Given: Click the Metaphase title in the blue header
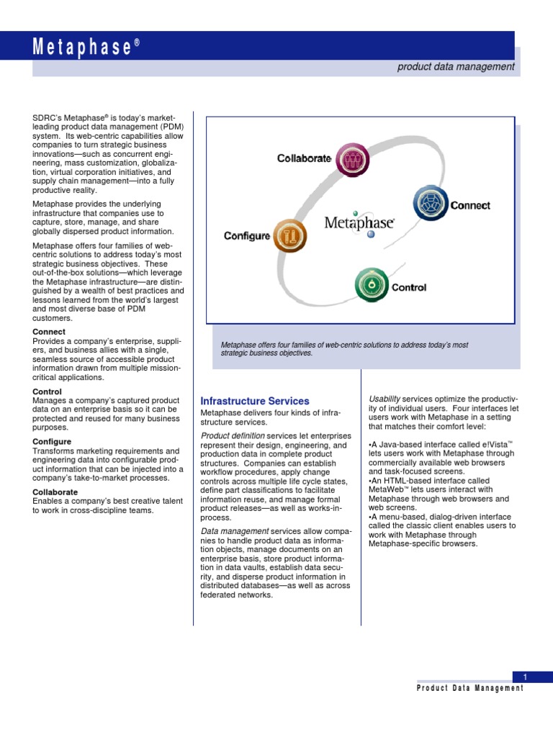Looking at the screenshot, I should tap(86, 48).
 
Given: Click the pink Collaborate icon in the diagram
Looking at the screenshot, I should tap(353, 160).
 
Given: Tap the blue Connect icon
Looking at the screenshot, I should tap(431, 204).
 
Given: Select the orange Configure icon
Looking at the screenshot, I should tap(290, 235).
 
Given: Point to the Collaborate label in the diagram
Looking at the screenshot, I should tap(304, 158).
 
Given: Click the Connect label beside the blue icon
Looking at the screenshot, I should tap(470, 205).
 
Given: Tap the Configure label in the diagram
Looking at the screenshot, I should tap(247, 235).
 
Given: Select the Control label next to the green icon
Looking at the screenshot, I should tap(409, 287).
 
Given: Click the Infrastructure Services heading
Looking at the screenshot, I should tap(255, 401).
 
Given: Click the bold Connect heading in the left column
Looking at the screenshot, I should tap(49, 332).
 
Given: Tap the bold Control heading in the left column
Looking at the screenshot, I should tap(48, 392).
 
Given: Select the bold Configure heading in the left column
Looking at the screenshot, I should tap(52, 441).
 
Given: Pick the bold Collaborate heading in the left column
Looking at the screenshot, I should tap(55, 492).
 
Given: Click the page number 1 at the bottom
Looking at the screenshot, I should tap(526, 677).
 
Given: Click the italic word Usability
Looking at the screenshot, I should tap(385, 399).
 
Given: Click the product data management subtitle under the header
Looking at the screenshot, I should tap(456, 66).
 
